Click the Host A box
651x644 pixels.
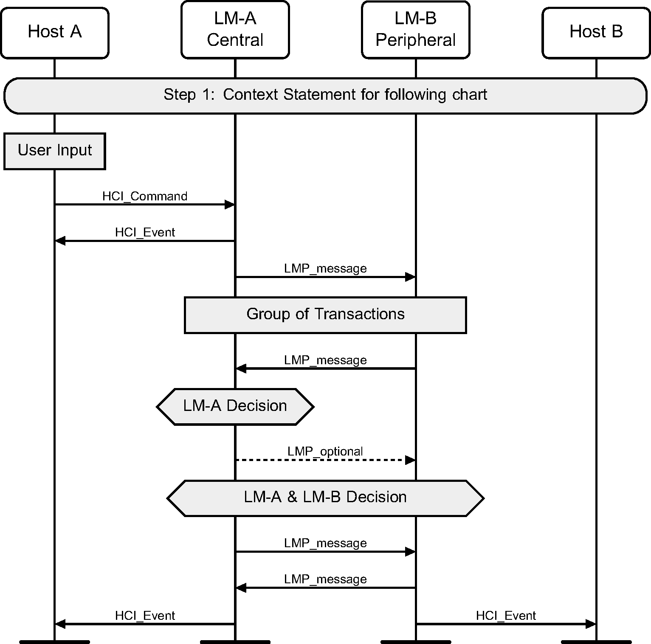[x=54, y=32]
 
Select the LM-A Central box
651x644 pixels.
[x=235, y=30]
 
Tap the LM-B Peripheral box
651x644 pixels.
[x=415, y=30]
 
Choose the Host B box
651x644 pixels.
[x=596, y=32]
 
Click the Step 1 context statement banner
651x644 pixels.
[x=325, y=95]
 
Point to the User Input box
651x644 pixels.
[x=54, y=151]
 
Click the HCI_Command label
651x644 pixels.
[x=145, y=196]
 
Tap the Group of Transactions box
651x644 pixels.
[x=325, y=315]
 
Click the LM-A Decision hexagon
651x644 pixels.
[x=235, y=406]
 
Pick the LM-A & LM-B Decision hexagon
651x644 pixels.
[x=325, y=498]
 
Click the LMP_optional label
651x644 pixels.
[x=325, y=451]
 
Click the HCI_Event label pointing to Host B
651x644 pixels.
[x=506, y=616]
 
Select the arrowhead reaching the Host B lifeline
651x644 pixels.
[x=591, y=624]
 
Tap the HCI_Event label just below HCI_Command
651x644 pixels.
[x=145, y=232]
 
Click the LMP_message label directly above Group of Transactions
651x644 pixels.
[x=325, y=268]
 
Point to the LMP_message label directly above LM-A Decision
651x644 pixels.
[x=325, y=360]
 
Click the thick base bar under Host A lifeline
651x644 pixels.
[x=54, y=641]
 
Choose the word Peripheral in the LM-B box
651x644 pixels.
[x=415, y=40]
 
